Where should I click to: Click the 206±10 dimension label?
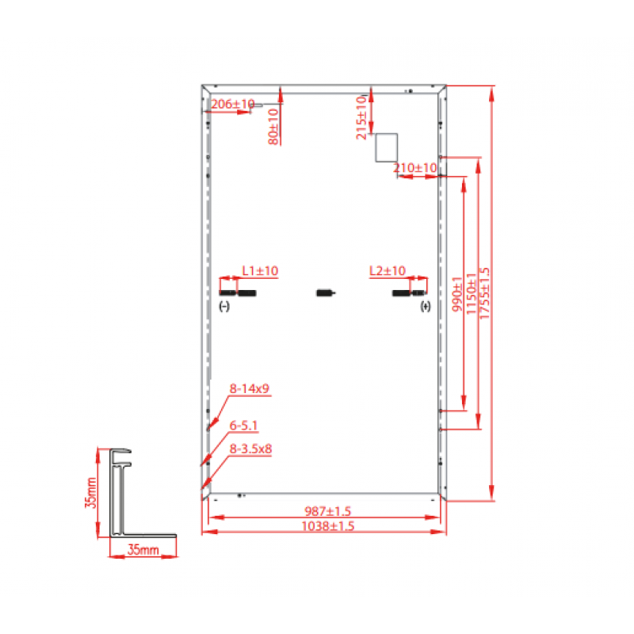coord(233,104)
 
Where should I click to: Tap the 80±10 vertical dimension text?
coord(273,127)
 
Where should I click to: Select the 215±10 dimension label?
coord(361,117)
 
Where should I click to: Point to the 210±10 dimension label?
coord(415,167)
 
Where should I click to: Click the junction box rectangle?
coord(386,147)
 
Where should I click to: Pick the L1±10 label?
coord(260,270)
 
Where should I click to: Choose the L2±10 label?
coord(388,270)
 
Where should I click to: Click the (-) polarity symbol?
coord(224,307)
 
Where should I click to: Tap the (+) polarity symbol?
coord(426,307)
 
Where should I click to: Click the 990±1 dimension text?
coord(457,294)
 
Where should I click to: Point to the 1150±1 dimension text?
coord(472,293)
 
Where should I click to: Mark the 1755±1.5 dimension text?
coord(484,293)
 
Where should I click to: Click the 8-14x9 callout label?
coord(250,388)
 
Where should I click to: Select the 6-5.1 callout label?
coord(243,426)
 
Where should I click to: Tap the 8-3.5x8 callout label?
coord(250,449)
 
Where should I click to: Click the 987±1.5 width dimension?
coord(327,511)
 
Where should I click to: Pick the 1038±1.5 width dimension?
coord(328,526)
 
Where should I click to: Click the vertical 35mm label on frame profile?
coord(91,493)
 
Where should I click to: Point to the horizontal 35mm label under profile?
coord(143,549)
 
